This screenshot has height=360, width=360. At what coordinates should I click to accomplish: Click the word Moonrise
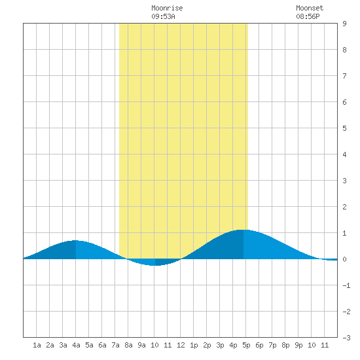pos(167,8)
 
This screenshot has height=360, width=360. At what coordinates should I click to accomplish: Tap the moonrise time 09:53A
pos(163,16)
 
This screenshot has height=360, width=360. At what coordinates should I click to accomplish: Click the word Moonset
pos(310,8)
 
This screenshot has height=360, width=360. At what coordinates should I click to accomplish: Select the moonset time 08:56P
pos(308,16)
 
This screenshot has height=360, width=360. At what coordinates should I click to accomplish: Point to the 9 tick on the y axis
pos(344,24)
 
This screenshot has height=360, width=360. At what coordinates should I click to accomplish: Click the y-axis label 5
pos(344,128)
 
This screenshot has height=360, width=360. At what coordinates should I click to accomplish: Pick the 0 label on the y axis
pos(344,259)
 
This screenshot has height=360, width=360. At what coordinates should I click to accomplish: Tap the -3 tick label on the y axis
pos(346,338)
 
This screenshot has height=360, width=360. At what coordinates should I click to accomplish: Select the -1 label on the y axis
pos(346,285)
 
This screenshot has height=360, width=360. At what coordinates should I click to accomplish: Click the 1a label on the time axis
pos(37,345)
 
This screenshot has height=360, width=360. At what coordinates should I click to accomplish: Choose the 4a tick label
pos(76,345)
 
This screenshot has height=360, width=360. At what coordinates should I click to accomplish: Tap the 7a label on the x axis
pos(115,345)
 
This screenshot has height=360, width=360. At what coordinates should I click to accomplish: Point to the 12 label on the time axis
pos(181,345)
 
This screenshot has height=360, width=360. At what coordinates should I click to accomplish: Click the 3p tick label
pos(220,345)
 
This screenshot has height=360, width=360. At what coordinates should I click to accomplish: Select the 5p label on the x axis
pos(246,345)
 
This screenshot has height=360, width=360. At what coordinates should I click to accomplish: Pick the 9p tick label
pos(298,345)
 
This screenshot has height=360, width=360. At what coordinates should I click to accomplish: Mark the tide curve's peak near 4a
pos(75,240)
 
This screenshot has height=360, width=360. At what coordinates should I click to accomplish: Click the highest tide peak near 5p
pos(243,230)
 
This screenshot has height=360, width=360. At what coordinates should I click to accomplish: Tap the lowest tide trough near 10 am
pos(155,265)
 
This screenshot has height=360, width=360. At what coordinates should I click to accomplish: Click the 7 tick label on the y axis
pos(344,76)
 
